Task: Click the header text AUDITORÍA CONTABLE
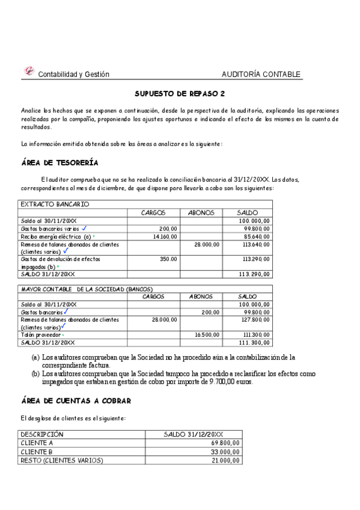261,75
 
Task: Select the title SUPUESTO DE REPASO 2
180,94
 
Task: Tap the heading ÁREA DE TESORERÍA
59,163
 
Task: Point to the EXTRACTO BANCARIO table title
55,204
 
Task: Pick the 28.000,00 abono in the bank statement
208,245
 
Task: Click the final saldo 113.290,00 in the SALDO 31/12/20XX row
254,274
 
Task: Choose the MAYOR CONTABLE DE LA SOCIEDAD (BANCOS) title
87,289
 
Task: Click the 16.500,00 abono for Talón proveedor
207,334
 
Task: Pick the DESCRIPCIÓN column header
42,434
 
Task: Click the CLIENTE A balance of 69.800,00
227,443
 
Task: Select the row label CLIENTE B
37,452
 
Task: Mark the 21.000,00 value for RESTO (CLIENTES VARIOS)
227,461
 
